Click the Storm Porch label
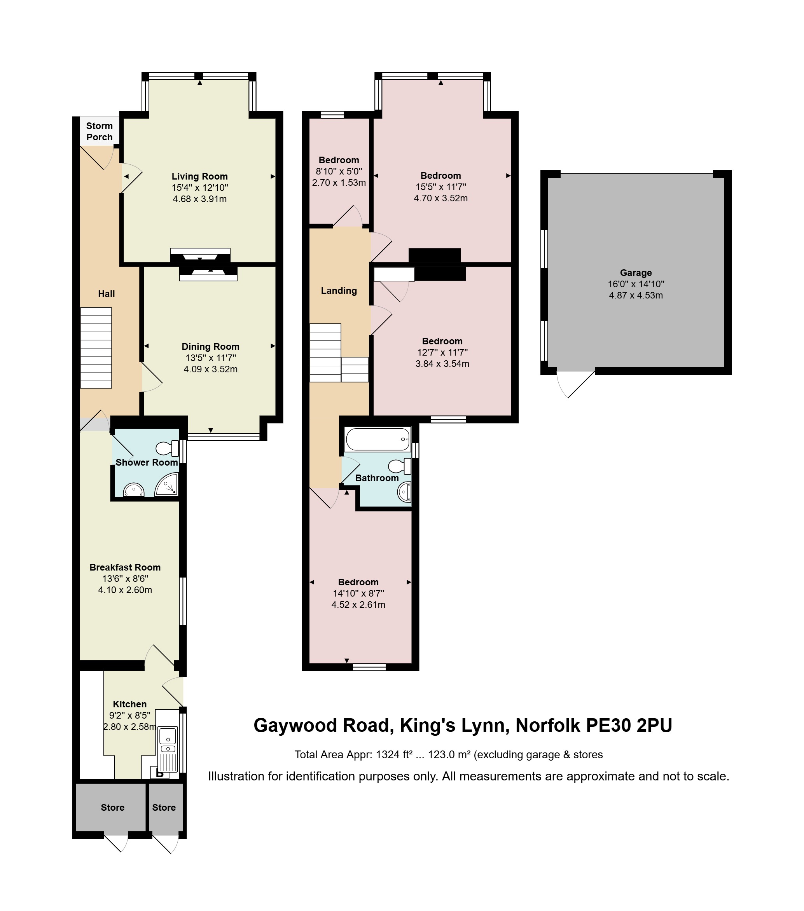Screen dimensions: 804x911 pyautogui.click(x=100, y=131)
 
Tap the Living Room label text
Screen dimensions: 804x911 pyautogui.click(x=200, y=176)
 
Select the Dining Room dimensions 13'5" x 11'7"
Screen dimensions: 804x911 pyautogui.click(x=210, y=358)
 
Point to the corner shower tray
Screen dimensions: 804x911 pyautogui.click(x=167, y=485)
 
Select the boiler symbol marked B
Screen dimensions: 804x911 pyautogui.click(x=160, y=774)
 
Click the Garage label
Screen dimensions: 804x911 pyautogui.click(x=636, y=273)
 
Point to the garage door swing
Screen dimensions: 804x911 pyautogui.click(x=575, y=384)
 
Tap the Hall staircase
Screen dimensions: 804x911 pyautogui.click(x=96, y=348)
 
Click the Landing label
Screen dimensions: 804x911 pyautogui.click(x=339, y=291)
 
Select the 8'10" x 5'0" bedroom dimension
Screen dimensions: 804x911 pyautogui.click(x=339, y=171)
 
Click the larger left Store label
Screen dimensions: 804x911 pyautogui.click(x=112, y=808)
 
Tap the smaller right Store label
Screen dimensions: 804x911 pyautogui.click(x=164, y=808)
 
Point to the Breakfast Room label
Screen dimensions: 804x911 pyautogui.click(x=125, y=567)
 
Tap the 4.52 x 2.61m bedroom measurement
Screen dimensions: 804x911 pyautogui.click(x=358, y=605)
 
